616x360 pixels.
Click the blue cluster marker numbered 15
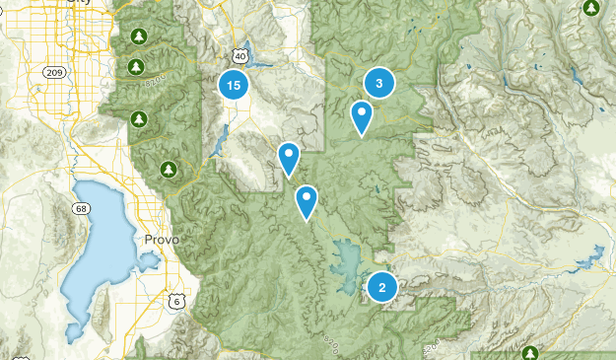point(233,86)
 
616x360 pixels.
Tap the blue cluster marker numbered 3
point(379,83)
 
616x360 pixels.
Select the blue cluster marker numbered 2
point(382,287)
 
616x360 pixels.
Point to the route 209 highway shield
point(53,72)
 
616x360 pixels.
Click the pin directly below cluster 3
point(362,117)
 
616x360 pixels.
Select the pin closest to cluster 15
point(288,157)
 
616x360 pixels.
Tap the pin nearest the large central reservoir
point(308,200)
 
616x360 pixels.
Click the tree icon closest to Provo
point(170,169)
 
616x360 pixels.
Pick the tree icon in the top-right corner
point(591,9)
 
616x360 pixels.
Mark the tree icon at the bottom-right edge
point(530,353)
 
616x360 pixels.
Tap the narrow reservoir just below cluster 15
point(215,148)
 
